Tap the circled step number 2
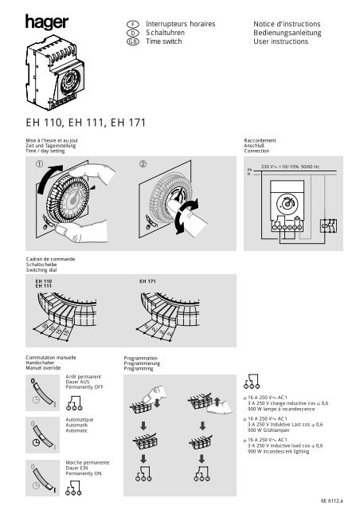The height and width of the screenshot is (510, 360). click(x=143, y=165)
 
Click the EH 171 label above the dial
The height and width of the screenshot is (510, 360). click(x=147, y=281)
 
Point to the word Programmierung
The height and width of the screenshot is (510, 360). click(x=146, y=364)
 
